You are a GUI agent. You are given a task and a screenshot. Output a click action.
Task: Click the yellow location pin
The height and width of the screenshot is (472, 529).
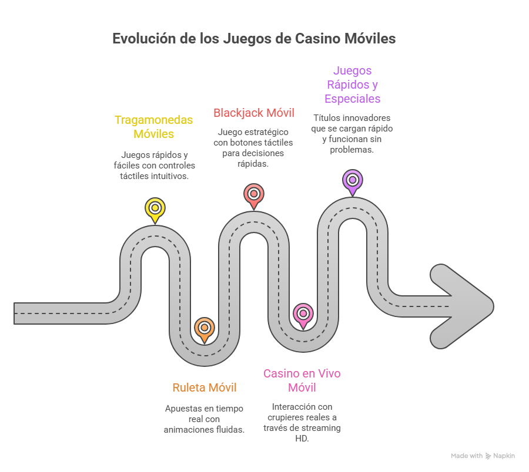click(155, 210)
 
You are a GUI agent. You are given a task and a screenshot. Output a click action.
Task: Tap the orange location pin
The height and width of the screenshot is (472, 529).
click(204, 329)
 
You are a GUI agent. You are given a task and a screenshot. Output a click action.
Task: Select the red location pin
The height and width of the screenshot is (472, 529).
click(254, 195)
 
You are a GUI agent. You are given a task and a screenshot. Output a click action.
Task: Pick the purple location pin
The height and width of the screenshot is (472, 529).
click(352, 181)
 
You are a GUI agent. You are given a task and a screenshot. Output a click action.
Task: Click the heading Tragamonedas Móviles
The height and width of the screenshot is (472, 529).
click(153, 127)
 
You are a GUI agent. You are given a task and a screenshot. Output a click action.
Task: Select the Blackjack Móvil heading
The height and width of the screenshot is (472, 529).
click(254, 113)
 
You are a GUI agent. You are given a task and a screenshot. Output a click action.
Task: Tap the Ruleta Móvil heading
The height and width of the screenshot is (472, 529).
click(204, 387)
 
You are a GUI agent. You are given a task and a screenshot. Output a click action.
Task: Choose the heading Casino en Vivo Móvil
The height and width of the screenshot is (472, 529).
click(302, 380)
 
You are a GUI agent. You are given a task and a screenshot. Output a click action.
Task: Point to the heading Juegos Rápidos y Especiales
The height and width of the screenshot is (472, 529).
click(352, 85)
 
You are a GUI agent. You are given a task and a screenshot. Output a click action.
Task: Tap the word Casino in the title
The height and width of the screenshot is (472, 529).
click(318, 38)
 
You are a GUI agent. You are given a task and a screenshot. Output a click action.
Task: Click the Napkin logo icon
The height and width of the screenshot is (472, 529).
click(488, 456)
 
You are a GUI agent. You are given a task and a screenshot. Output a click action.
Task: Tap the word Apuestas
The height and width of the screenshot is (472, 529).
click(181, 409)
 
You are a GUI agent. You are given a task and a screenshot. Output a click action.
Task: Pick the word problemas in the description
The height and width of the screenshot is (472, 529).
click(352, 150)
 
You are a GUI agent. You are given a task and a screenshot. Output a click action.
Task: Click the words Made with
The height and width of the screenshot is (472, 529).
click(467, 456)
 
